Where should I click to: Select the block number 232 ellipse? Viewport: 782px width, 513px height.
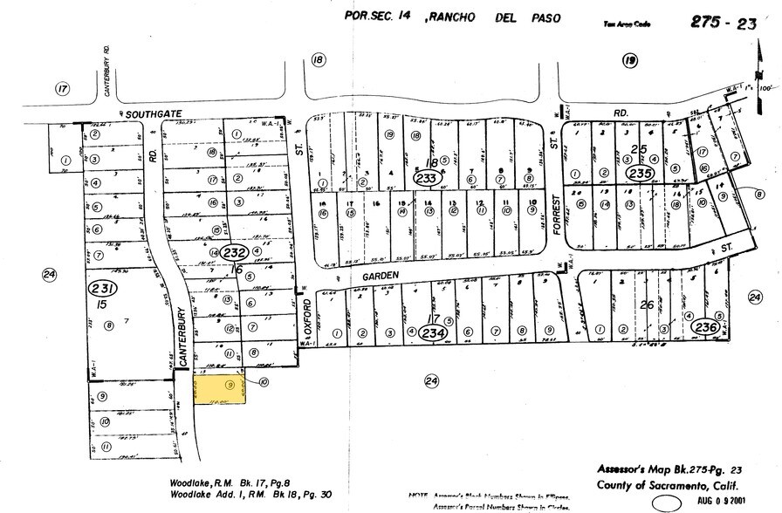(232, 252)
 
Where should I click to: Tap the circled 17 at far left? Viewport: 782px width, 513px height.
(60, 89)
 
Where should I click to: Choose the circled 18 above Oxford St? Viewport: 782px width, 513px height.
(318, 59)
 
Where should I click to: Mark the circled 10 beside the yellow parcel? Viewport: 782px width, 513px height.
(264, 381)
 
